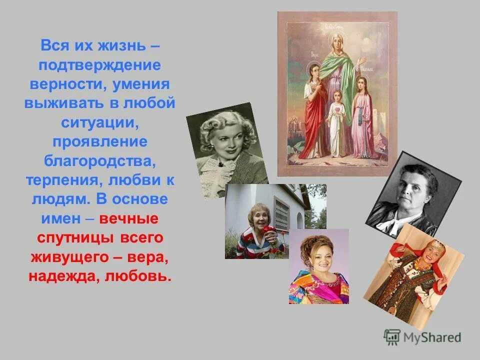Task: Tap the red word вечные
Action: (129, 218)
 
